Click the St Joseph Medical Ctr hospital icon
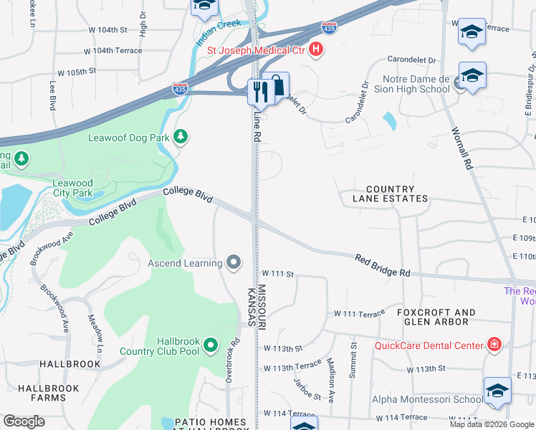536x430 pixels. click(316, 50)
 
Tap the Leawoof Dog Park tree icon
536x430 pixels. click(181, 136)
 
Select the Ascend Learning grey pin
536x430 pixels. click(233, 263)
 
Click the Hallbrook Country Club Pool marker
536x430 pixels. click(210, 346)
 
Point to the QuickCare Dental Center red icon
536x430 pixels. click(493, 345)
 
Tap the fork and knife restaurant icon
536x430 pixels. click(259, 91)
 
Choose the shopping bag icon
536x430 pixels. click(277, 85)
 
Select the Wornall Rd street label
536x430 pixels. click(461, 148)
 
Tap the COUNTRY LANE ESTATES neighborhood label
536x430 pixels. click(390, 193)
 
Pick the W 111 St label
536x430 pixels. click(278, 274)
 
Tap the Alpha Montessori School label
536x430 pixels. click(426, 399)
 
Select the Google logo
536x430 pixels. click(24, 421)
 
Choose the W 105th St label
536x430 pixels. click(77, 72)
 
